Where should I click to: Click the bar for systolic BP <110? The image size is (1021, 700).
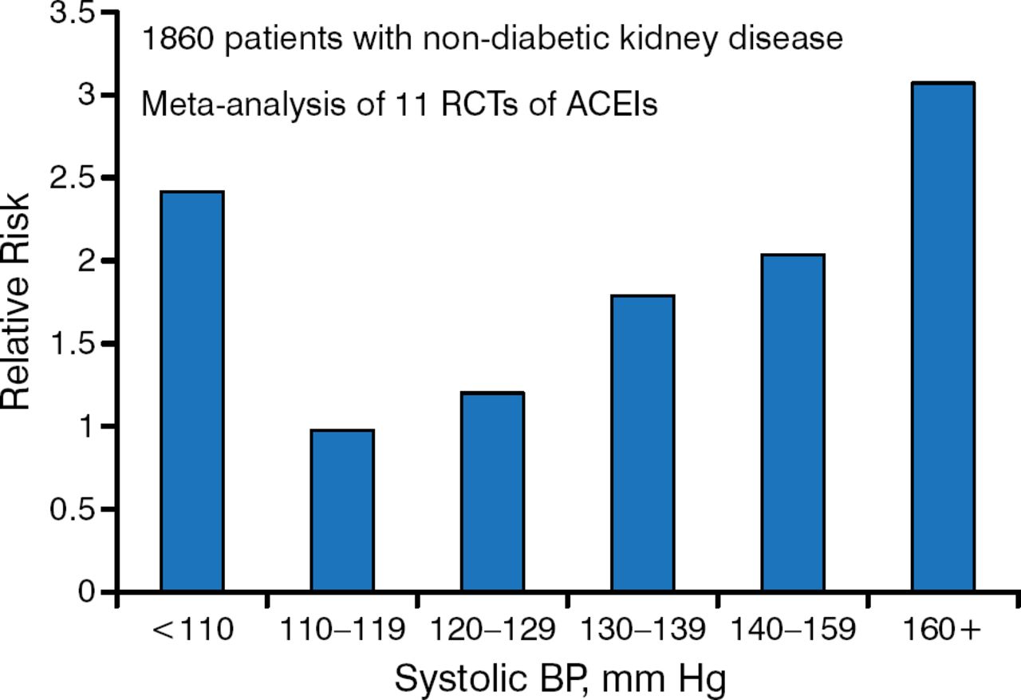(191, 391)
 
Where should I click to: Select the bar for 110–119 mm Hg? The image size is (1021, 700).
(342, 511)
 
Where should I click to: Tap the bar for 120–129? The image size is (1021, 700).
(492, 492)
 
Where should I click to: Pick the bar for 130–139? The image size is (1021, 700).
(643, 444)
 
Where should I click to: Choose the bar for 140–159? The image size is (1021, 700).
(793, 423)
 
